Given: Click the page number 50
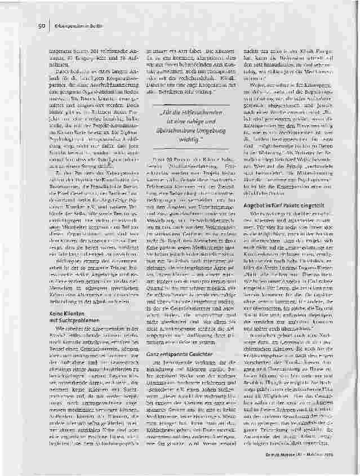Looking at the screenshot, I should pyautogui.click(x=42, y=25).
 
